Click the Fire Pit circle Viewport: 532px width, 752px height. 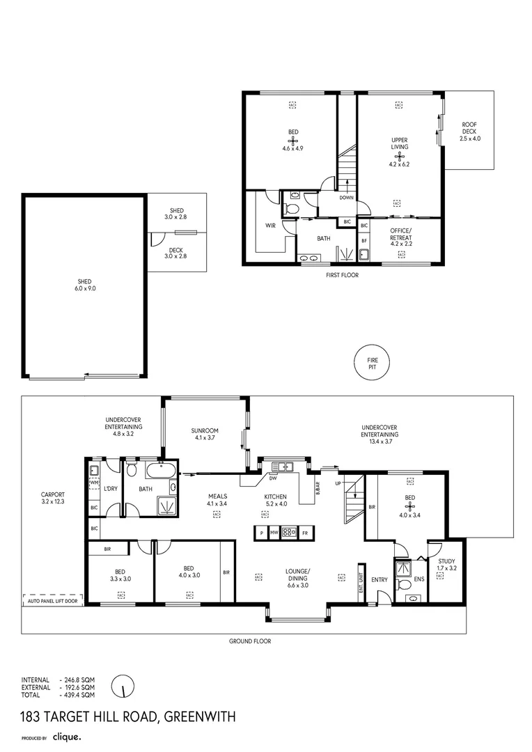point(370,363)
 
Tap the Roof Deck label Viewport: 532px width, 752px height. point(470,132)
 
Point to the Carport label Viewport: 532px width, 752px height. point(53,497)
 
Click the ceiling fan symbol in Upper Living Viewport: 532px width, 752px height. point(400,156)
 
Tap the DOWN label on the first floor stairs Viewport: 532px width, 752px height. point(346,198)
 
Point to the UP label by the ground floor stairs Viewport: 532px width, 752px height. point(338,483)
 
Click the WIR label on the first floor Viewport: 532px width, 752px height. point(270,226)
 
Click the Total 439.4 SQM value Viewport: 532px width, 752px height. point(78,695)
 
